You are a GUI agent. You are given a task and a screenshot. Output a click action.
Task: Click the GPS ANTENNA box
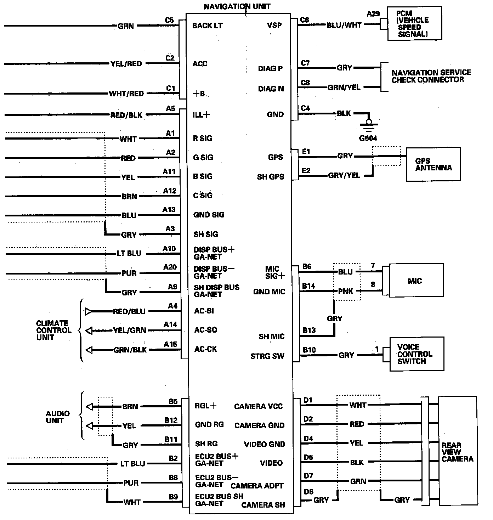(433, 164)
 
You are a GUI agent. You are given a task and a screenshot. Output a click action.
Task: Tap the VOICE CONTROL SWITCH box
(416, 354)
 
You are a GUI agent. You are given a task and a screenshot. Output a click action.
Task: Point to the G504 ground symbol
(369, 124)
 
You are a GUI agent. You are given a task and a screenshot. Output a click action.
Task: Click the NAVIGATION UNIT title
(237, 6)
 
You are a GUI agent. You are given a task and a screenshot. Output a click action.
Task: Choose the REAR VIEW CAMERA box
(457, 452)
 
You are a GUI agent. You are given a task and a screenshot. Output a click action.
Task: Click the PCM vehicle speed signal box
(414, 24)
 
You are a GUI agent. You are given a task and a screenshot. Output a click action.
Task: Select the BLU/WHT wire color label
(344, 25)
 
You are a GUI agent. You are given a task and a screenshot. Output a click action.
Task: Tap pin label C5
(169, 20)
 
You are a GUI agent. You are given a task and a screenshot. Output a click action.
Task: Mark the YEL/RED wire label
(126, 64)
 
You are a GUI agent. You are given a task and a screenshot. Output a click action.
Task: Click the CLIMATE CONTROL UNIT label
(53, 330)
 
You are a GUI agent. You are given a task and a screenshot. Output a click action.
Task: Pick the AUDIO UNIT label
(57, 417)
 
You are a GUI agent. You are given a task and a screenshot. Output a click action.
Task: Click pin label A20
(170, 267)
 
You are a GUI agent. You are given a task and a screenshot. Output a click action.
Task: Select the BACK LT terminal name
(207, 26)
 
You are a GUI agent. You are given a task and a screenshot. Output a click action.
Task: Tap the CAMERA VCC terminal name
(258, 406)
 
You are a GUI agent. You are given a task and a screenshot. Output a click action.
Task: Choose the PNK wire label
(345, 291)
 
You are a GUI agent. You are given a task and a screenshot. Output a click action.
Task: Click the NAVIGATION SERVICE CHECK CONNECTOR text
(431, 76)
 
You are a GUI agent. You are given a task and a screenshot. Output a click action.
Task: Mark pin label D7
(308, 476)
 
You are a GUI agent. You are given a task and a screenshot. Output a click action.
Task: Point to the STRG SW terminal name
(267, 356)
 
